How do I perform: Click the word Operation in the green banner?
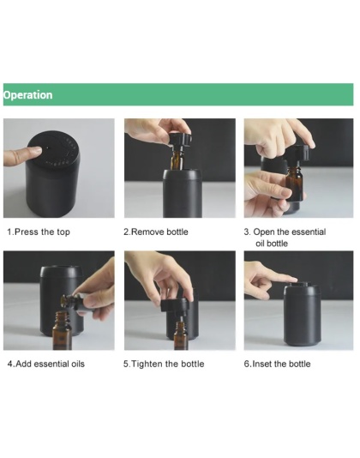point(28,95)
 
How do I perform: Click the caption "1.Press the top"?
point(39,232)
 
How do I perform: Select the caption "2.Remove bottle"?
point(156,232)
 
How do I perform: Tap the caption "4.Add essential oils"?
point(46,364)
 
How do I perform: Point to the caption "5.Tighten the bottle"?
point(164,364)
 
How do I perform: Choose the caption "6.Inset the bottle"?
point(277,364)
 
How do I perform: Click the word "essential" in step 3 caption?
point(309,232)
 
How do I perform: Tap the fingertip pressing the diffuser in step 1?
point(36,151)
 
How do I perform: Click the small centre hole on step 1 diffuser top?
point(48,149)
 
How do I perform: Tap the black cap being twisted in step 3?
point(299,153)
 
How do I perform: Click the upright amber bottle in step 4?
point(63,330)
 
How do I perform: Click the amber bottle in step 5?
point(181,336)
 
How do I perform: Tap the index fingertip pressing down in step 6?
point(293,279)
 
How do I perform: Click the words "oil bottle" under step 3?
point(272,244)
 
